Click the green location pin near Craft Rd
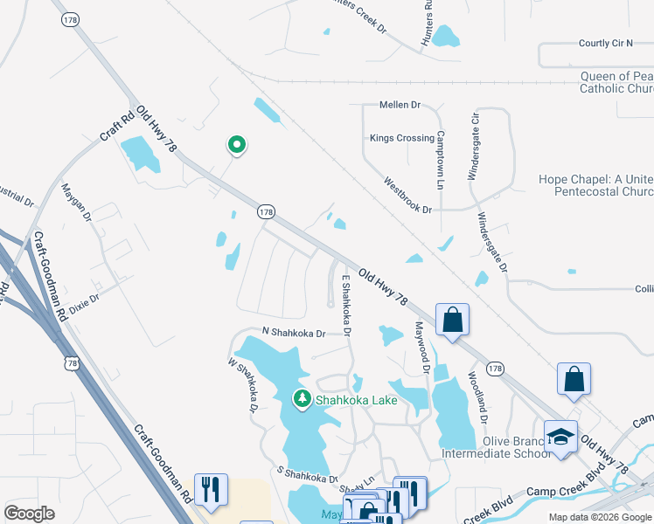tap(235, 145)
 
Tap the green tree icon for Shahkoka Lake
tap(303, 400)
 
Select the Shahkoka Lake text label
tap(357, 401)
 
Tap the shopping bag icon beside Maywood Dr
tap(452, 321)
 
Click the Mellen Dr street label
tap(400, 105)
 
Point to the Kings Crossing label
tap(401, 138)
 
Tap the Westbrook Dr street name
tap(408, 196)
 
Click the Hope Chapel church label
tap(595, 185)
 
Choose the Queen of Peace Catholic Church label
tap(617, 83)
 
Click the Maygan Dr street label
tap(76, 203)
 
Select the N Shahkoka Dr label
tap(294, 333)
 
